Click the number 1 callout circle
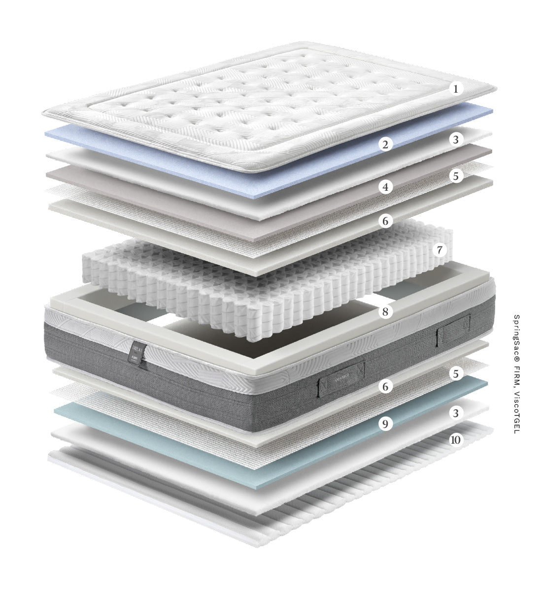pos(456,89)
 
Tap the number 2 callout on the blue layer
pos(386,144)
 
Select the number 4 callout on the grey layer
pos(386,187)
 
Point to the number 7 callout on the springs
pos(439,250)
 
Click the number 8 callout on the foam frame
pos(386,312)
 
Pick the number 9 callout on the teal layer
pos(386,423)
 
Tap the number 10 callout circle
pos(456,439)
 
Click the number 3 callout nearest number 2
pos(456,140)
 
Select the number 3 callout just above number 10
pos(456,412)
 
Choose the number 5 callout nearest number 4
pos(456,176)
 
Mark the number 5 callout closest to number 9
pos(456,374)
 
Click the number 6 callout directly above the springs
pos(386,221)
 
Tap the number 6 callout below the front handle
pos(386,387)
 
